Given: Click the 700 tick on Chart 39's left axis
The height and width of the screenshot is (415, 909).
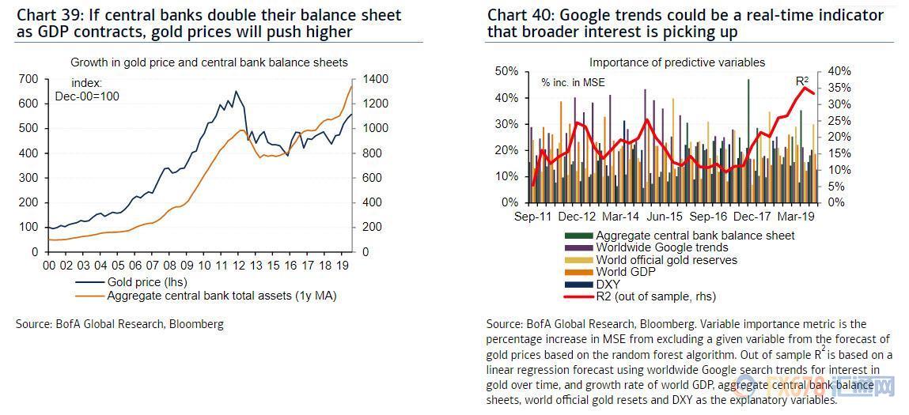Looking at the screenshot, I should coord(28,79).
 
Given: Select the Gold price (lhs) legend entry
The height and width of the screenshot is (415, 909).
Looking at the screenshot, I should coord(147,281).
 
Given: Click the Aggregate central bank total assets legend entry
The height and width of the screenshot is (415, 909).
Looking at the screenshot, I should coord(222,296).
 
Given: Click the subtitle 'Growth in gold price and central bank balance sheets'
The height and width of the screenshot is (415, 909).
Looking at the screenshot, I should coord(209,62).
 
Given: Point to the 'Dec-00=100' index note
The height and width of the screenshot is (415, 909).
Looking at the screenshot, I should coord(87,96).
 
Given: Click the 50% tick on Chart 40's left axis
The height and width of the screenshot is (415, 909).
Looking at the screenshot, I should coord(506,71).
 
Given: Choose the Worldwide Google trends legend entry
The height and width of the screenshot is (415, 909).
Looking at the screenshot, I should coord(662,247).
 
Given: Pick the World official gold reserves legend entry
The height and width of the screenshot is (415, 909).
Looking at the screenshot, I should coord(666,260).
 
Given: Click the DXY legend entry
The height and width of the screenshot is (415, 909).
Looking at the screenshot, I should coord(608,284).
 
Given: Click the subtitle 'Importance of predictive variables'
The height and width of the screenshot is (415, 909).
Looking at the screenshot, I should coord(677,62).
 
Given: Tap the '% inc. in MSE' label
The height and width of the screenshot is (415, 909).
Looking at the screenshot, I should coord(574,82).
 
